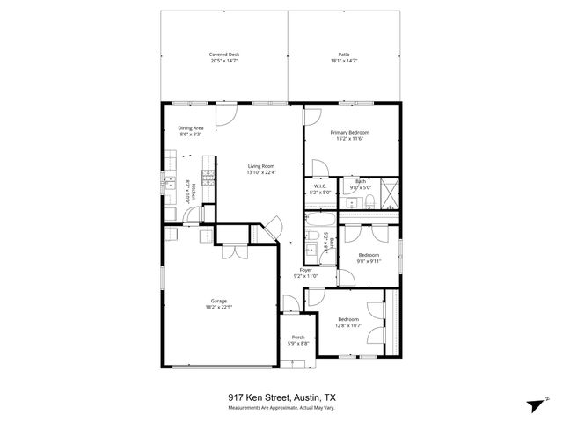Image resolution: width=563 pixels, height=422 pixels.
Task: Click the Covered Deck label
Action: point(224,55)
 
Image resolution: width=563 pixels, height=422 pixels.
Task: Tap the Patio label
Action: point(345,55)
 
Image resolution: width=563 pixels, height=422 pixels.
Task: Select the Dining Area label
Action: point(191,128)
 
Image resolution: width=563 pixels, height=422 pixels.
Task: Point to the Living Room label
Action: point(261,166)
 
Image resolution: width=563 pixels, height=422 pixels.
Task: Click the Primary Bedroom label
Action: point(349,133)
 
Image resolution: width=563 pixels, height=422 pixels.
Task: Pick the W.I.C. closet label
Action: point(321,186)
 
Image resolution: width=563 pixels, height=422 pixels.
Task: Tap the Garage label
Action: point(218,301)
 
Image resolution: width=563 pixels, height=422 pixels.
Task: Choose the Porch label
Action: point(298,337)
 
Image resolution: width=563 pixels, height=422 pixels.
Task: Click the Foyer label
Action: point(305,269)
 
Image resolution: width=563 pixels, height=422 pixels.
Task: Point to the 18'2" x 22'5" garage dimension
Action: point(218,307)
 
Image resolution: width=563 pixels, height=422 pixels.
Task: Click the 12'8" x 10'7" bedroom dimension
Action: point(349,325)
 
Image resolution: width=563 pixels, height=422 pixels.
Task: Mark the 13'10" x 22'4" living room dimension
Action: point(261,172)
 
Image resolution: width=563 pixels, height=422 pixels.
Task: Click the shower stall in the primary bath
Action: point(391,192)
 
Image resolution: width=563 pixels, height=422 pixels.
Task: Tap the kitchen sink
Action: point(169,184)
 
